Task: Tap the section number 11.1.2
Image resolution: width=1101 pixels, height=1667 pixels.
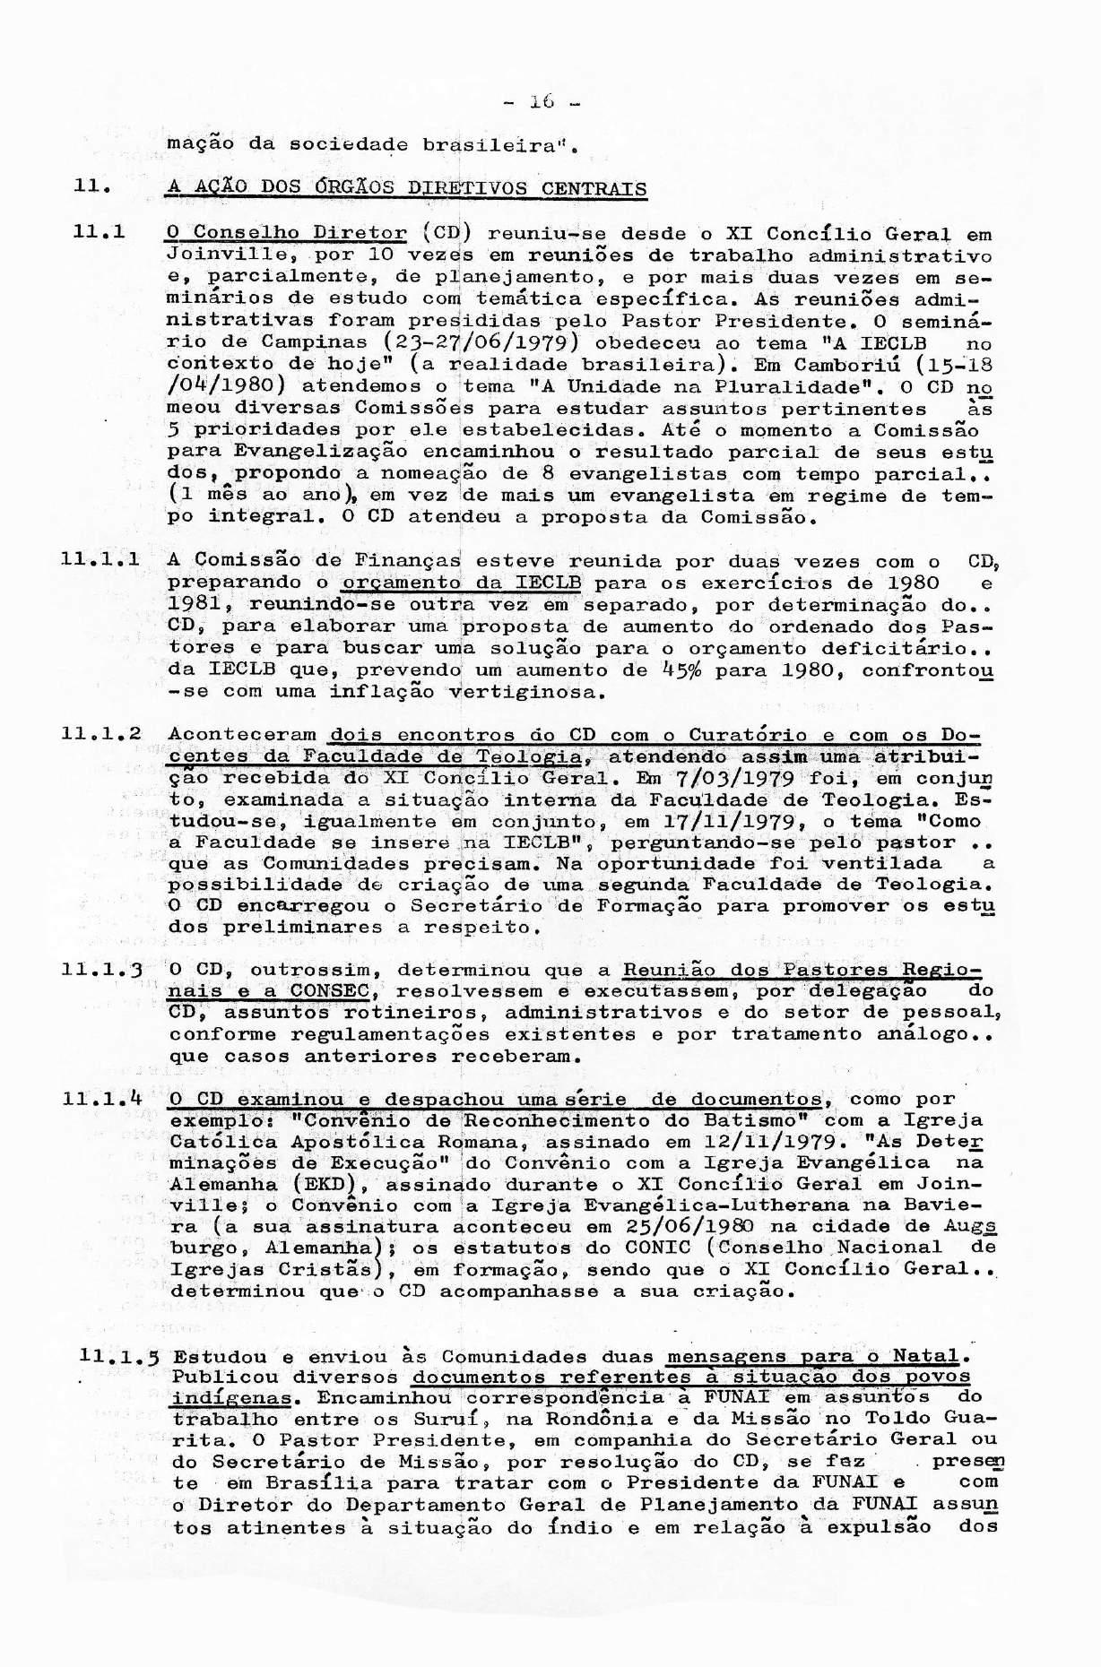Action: [100, 734]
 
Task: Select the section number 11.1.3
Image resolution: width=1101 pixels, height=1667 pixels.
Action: [100, 971]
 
